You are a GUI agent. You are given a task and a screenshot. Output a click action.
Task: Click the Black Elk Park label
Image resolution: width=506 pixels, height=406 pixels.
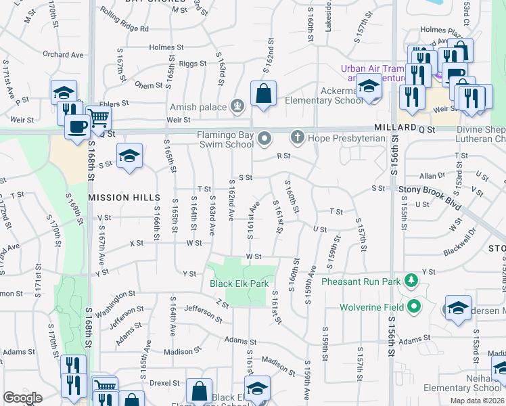tap(239, 284)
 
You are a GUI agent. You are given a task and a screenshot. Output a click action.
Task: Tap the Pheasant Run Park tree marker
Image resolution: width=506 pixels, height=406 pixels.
tap(411, 280)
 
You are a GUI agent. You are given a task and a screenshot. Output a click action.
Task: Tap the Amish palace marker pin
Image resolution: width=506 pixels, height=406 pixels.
tap(237, 106)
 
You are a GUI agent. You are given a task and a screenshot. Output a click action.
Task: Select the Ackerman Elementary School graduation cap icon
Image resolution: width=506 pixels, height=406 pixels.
tap(369, 88)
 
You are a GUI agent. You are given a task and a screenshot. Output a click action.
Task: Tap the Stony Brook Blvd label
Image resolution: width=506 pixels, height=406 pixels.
tap(429, 190)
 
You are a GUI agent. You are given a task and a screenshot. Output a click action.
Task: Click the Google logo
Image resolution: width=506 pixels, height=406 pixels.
tap(23, 397)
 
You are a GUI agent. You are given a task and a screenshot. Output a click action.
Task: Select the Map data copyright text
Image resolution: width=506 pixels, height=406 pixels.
tap(476, 401)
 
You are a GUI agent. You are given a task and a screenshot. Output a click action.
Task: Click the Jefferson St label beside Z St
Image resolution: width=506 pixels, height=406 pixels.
tap(199, 310)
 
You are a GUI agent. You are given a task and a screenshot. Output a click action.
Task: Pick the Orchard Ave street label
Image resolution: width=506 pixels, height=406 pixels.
tap(62, 55)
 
